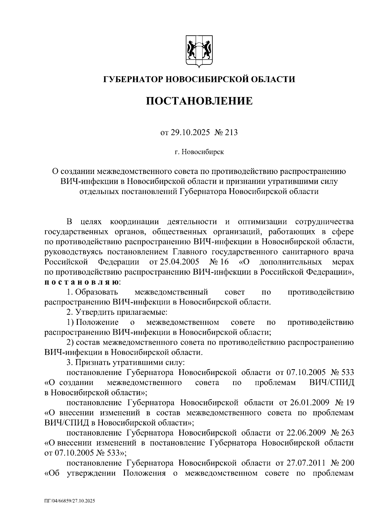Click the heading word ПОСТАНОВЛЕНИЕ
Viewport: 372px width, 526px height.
click(x=199, y=101)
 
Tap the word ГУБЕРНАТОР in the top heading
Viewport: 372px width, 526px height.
click(x=131, y=79)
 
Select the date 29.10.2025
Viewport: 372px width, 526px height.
click(x=190, y=133)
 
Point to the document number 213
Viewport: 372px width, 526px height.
click(x=232, y=133)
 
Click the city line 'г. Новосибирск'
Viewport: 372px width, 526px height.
click(x=199, y=152)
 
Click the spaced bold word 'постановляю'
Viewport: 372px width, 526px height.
click(x=81, y=282)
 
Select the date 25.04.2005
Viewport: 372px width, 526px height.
click(x=178, y=262)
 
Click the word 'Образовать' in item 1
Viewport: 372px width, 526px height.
click(x=96, y=292)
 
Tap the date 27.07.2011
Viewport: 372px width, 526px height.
click(x=305, y=463)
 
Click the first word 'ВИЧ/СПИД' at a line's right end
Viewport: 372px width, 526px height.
click(x=332, y=382)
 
